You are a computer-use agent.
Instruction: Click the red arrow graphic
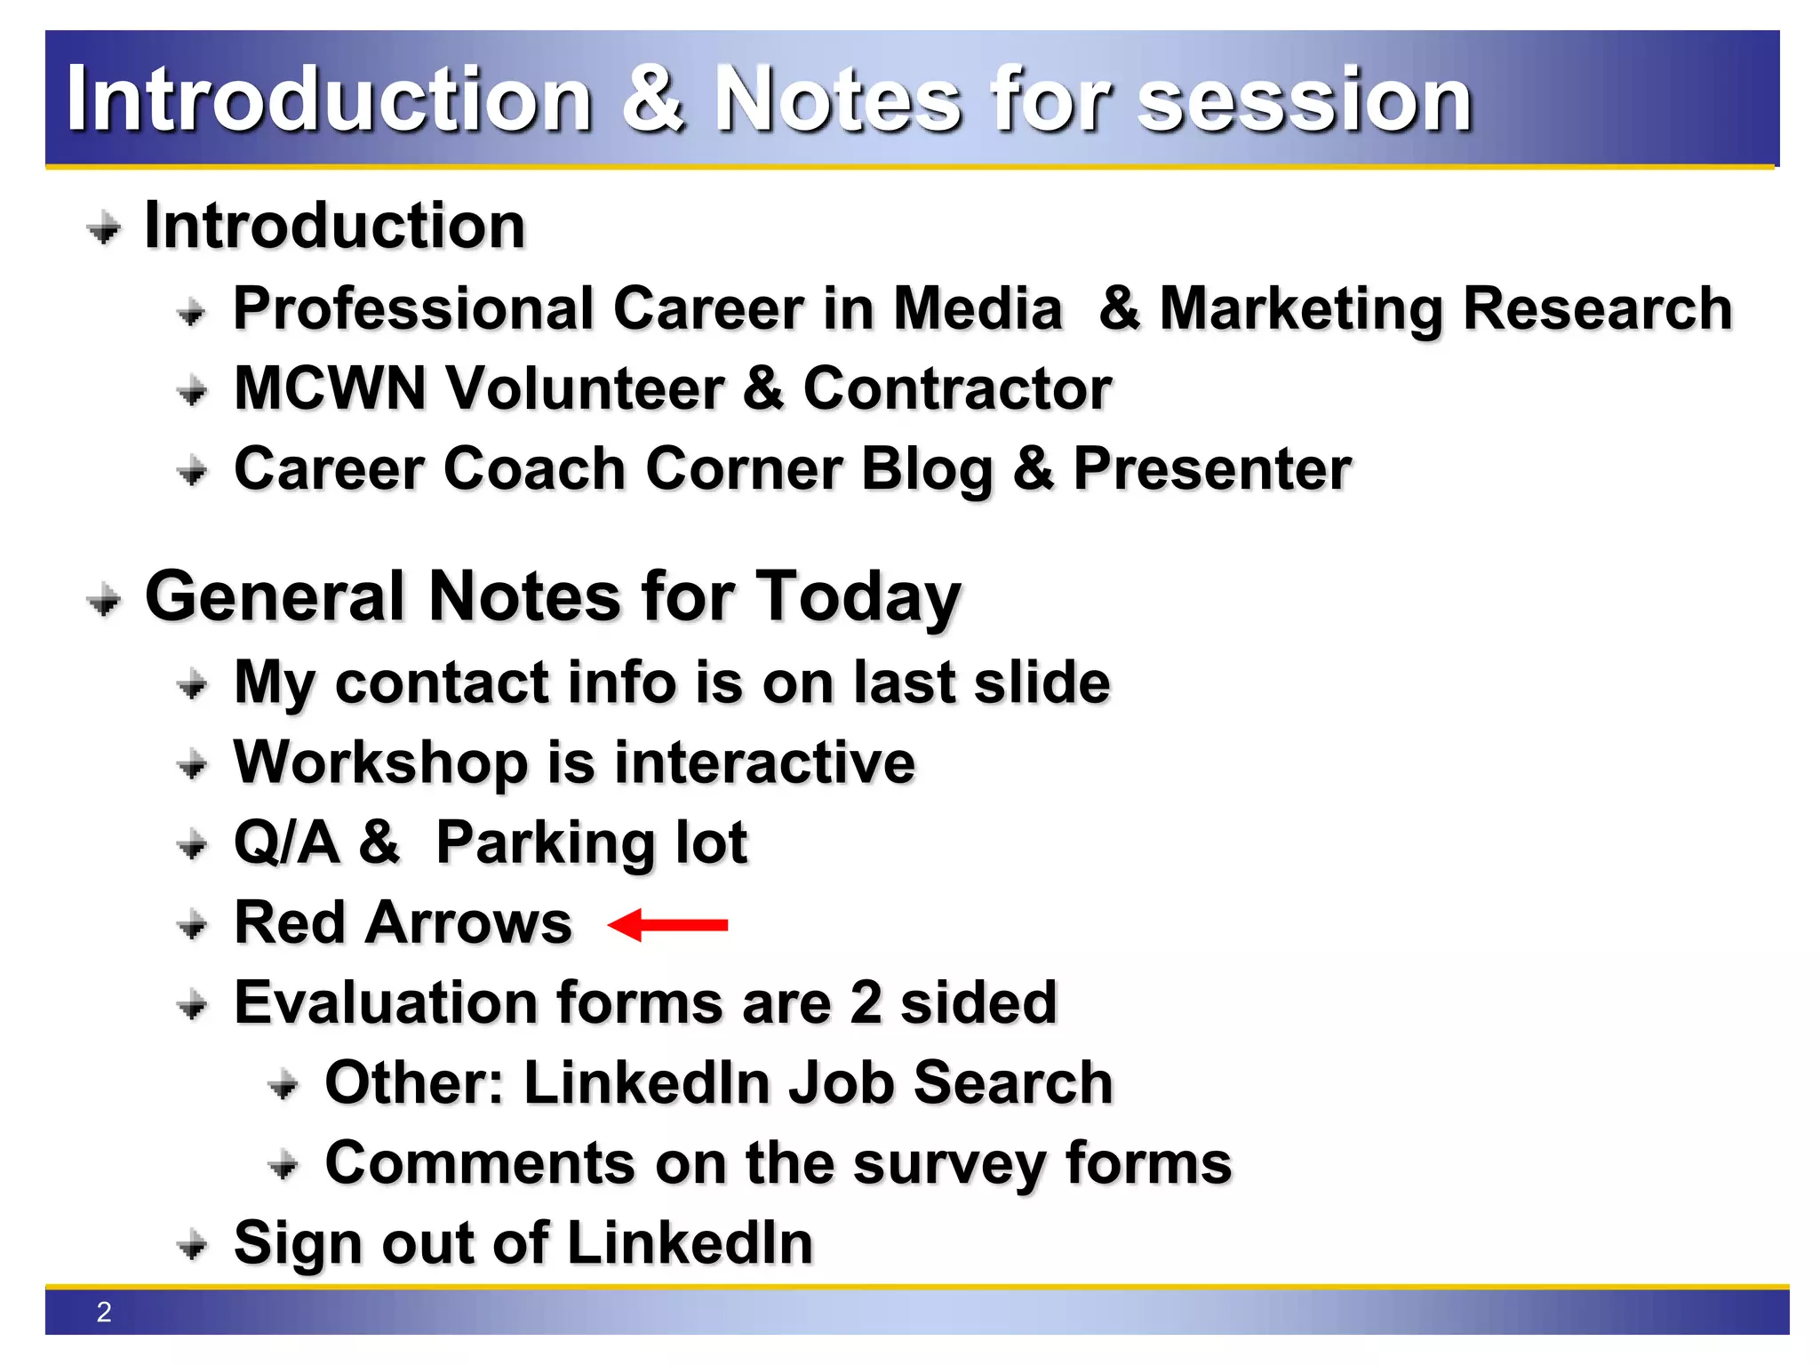(668, 925)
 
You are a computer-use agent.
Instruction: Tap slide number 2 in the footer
(104, 1312)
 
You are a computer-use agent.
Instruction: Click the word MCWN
(330, 388)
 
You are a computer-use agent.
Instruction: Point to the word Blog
(926, 470)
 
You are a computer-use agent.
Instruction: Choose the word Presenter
(1212, 468)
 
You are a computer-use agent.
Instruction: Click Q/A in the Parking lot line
(286, 842)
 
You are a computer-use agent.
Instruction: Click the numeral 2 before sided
(865, 1002)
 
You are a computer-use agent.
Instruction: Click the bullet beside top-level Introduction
(105, 228)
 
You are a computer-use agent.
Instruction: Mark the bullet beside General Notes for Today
(105, 601)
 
